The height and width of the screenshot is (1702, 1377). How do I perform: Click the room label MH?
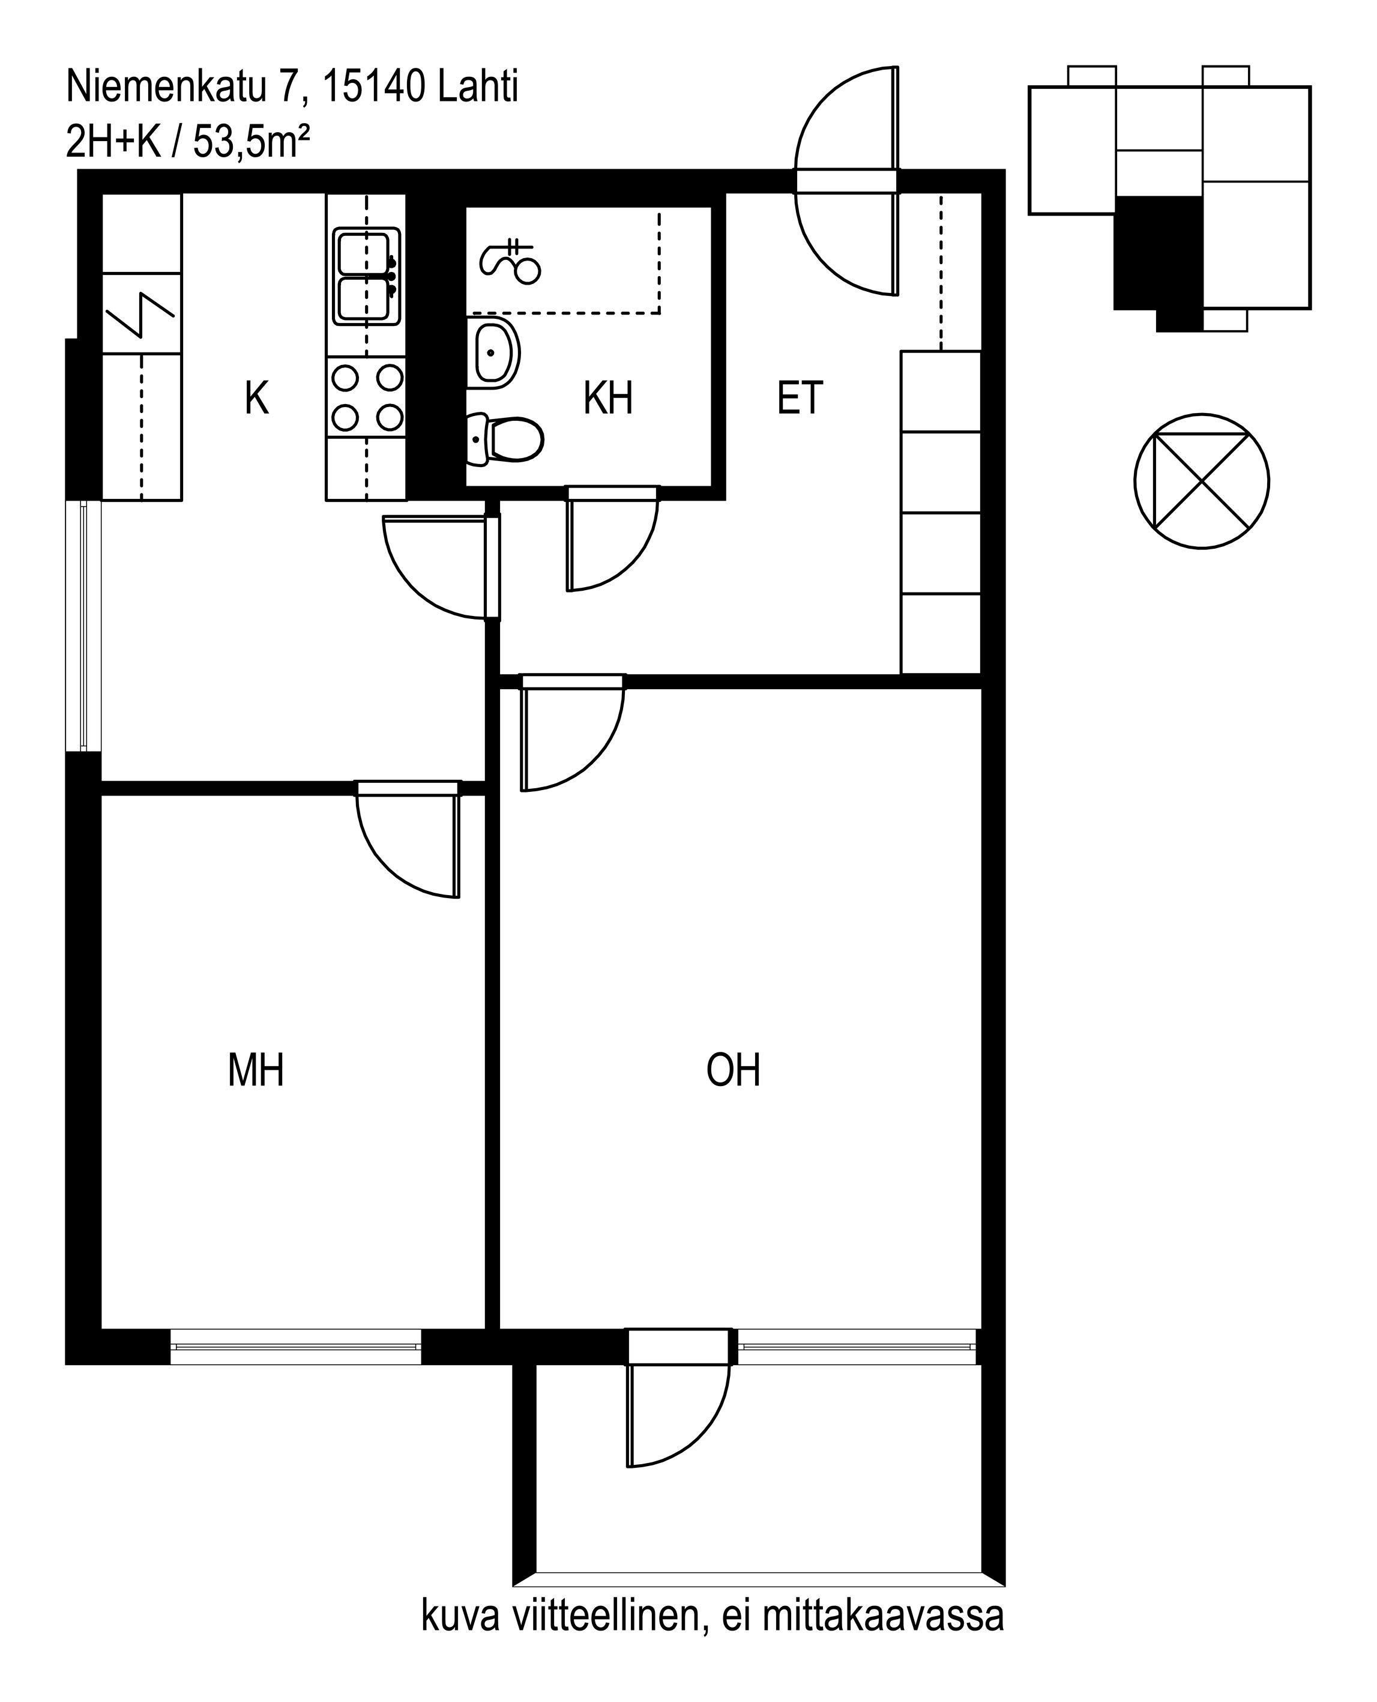tap(256, 1070)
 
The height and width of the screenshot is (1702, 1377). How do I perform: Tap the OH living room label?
tap(733, 1070)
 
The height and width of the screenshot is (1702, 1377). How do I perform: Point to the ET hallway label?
tap(800, 398)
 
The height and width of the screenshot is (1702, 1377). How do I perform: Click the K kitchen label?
tap(256, 398)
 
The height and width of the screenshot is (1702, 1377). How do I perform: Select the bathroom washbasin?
tap(493, 353)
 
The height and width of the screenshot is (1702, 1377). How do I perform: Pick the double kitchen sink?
tap(366, 276)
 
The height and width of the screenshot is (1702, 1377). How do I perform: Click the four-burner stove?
tap(366, 397)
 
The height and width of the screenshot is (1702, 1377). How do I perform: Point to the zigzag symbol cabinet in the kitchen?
tap(142, 313)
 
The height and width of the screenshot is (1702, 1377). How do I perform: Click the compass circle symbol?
tap(1202, 481)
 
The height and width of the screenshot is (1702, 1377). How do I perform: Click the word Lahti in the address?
tap(478, 87)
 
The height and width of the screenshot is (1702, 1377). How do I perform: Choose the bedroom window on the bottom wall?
tap(295, 1347)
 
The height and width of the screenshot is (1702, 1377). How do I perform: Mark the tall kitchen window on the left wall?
tap(83, 626)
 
